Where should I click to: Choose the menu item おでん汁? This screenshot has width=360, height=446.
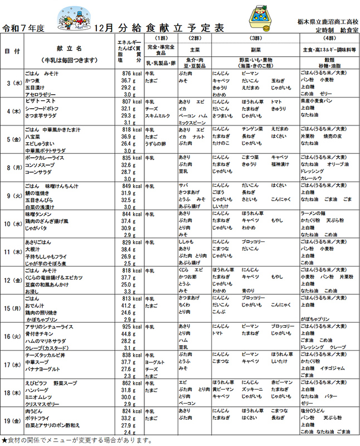tap(35, 306)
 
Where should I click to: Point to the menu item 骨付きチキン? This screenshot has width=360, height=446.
tap(40, 333)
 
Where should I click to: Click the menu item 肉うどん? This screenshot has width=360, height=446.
tap(35, 411)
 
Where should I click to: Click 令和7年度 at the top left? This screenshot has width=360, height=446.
tap(23, 27)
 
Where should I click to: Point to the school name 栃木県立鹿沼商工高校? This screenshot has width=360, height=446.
tap(327, 20)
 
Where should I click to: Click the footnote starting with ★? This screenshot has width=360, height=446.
tap(77, 440)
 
